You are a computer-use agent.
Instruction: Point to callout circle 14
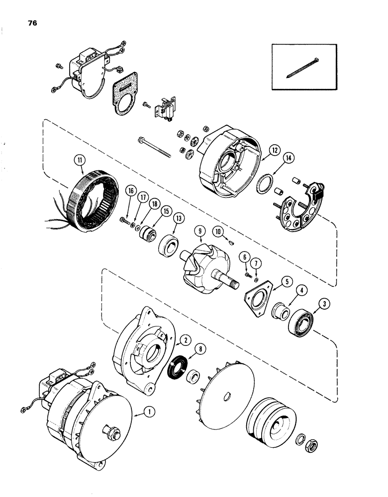point(289,159)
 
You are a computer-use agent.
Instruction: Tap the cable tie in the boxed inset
point(304,68)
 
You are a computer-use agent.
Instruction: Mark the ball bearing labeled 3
point(301,321)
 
